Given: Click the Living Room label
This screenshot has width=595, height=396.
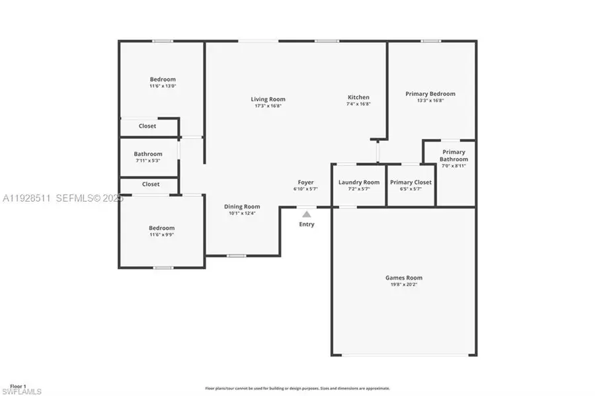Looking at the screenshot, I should (x=268, y=99).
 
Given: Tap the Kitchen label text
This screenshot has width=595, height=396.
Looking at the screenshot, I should (x=359, y=97).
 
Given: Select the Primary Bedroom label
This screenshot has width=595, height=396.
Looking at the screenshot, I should (x=430, y=94).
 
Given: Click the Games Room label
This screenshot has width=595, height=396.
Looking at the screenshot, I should (x=404, y=278).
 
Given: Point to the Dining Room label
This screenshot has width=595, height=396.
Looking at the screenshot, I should (x=241, y=206).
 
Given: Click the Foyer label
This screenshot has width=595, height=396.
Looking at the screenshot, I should (x=305, y=182).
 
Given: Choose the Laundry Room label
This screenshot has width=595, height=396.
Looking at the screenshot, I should (x=359, y=182).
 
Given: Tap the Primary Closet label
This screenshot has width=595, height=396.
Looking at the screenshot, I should (x=411, y=182).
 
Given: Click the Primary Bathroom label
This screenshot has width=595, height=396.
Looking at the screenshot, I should (x=454, y=155).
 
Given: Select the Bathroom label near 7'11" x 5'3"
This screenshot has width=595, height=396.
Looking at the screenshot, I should (x=148, y=154).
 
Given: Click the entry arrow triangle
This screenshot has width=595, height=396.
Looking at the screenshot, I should (x=307, y=214).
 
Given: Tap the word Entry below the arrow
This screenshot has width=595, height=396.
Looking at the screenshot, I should (x=307, y=224).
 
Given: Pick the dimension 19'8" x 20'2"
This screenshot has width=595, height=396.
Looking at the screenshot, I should (x=404, y=285).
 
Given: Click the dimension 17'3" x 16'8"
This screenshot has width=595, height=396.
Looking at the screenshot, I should (x=268, y=106).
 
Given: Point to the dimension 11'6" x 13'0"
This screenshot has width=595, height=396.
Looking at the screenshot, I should (x=163, y=86).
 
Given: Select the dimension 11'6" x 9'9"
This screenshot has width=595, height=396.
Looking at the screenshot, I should (x=162, y=235).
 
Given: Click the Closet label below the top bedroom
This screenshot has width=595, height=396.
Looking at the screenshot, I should (x=147, y=126).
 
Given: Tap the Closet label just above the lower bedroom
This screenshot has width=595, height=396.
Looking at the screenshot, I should (x=151, y=184).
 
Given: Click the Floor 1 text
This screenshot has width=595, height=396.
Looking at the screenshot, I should (x=18, y=386).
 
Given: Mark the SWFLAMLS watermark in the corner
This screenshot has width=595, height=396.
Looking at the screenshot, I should (x=22, y=392).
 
